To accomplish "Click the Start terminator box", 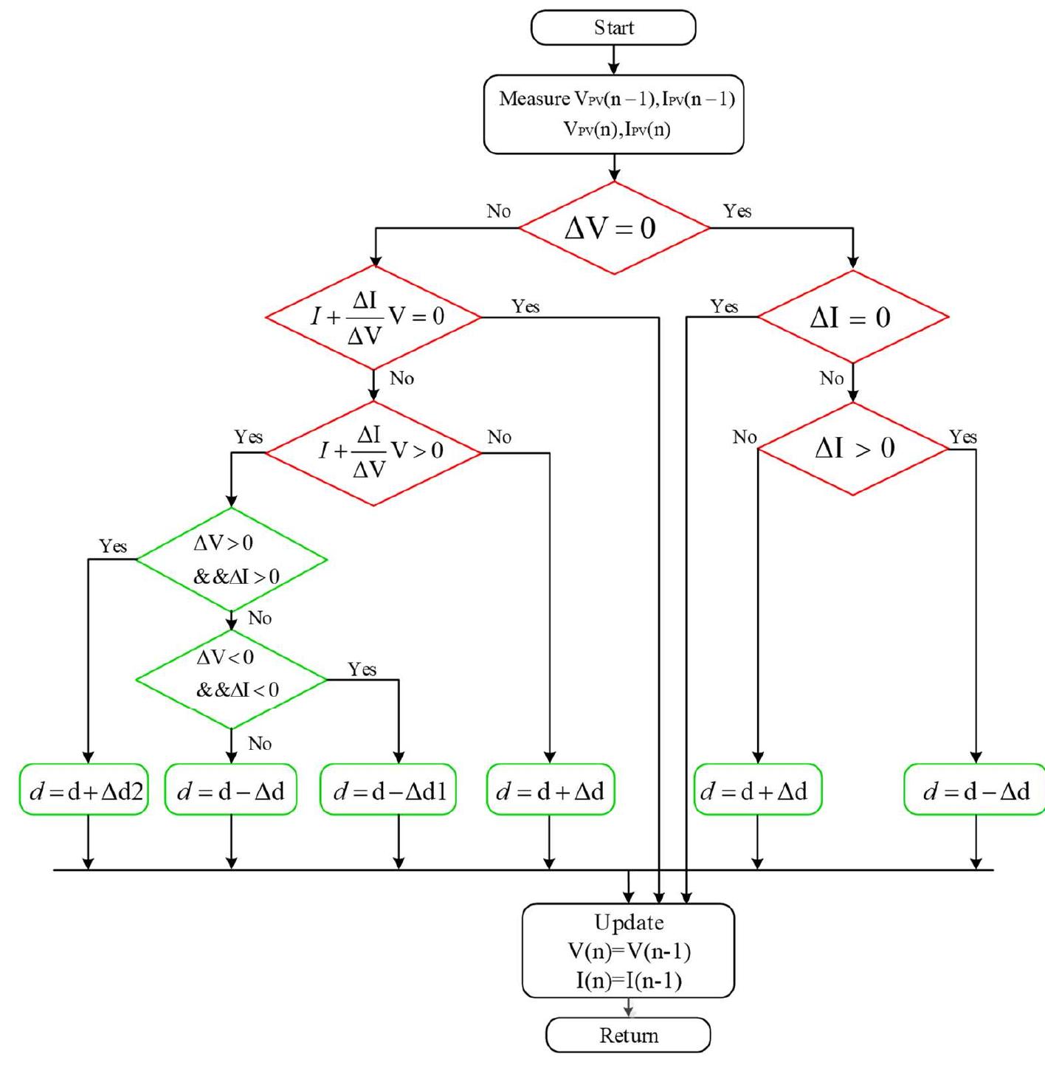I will (613, 28).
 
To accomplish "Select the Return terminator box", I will (628, 1035).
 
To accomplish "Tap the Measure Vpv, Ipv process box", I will (613, 114).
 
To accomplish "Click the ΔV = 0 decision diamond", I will (613, 228).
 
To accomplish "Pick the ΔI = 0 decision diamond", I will (852, 317).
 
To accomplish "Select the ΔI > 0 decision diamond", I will (852, 449).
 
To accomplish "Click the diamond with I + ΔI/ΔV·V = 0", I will (373, 317).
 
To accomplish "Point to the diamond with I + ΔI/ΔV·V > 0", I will (373, 452).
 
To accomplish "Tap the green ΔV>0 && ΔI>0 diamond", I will (232, 559).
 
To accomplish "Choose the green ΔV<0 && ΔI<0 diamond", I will (232, 678).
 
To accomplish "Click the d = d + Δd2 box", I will (84, 790).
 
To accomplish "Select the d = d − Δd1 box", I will (389, 790).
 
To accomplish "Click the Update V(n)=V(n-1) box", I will (628, 951).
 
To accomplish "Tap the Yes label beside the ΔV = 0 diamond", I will (737, 212).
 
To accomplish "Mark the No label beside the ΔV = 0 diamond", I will (499, 212).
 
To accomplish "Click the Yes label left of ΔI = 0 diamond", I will (724, 306).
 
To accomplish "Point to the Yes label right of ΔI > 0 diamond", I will (963, 437).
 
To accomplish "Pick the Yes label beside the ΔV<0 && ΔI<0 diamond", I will (362, 669).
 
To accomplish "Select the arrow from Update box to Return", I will (628, 1008).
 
